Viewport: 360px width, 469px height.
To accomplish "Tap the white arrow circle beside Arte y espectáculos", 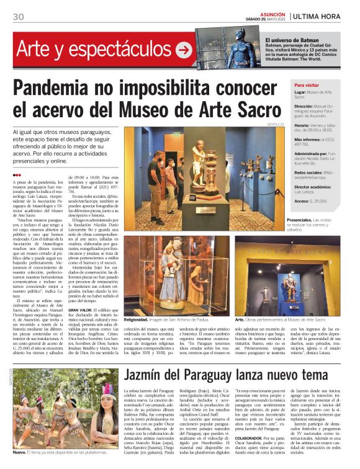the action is [184, 50].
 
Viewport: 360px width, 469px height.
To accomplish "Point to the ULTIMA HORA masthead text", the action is [321, 15].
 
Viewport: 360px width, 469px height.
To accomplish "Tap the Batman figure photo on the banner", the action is [242, 47].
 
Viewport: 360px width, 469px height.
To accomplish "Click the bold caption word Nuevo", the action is [19, 460].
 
